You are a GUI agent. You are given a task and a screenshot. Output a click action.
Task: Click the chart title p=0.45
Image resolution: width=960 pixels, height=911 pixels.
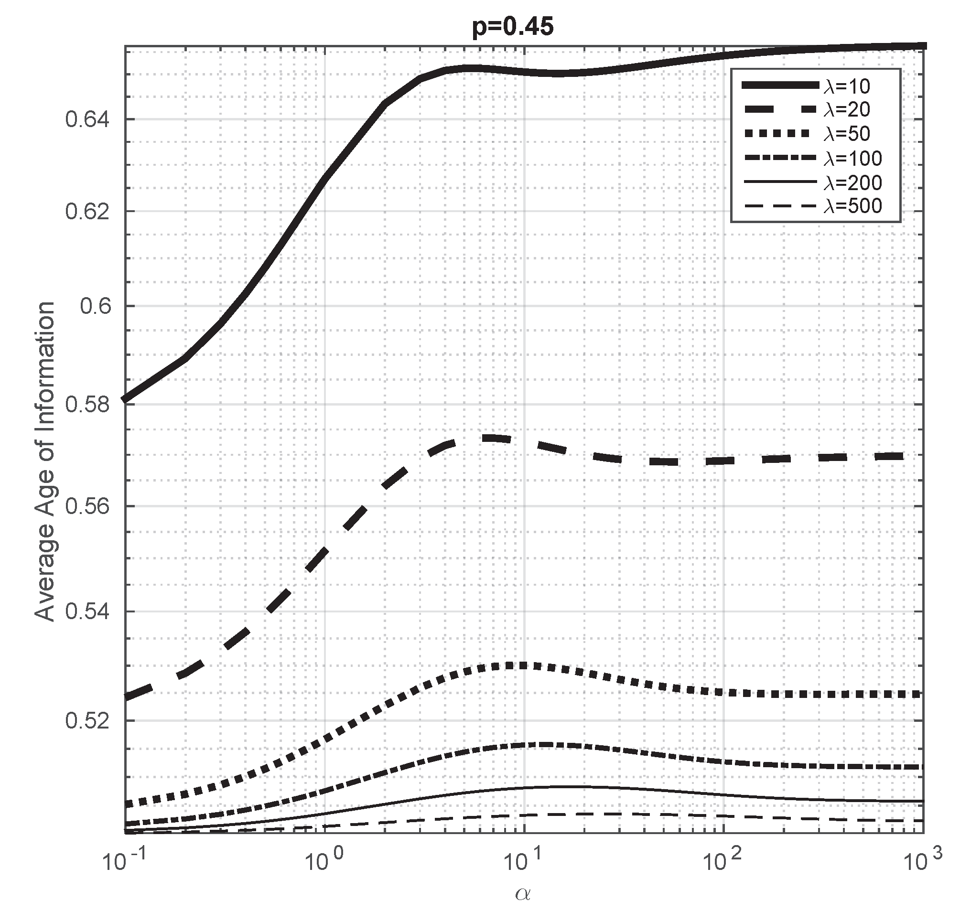coord(513,27)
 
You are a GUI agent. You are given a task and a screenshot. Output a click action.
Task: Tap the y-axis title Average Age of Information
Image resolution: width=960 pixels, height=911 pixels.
coord(45,461)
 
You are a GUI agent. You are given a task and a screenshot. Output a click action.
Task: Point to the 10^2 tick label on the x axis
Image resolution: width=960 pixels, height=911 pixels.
coord(723,863)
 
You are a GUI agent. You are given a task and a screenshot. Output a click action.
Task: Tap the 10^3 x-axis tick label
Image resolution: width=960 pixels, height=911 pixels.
coord(922,863)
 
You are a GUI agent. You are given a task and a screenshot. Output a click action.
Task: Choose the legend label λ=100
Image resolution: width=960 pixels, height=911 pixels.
coord(852,158)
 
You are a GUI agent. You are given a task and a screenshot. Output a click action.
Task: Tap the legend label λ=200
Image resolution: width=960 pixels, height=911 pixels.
coord(852,182)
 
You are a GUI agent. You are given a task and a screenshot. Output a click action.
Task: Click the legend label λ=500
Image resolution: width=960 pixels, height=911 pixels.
coord(852,206)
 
